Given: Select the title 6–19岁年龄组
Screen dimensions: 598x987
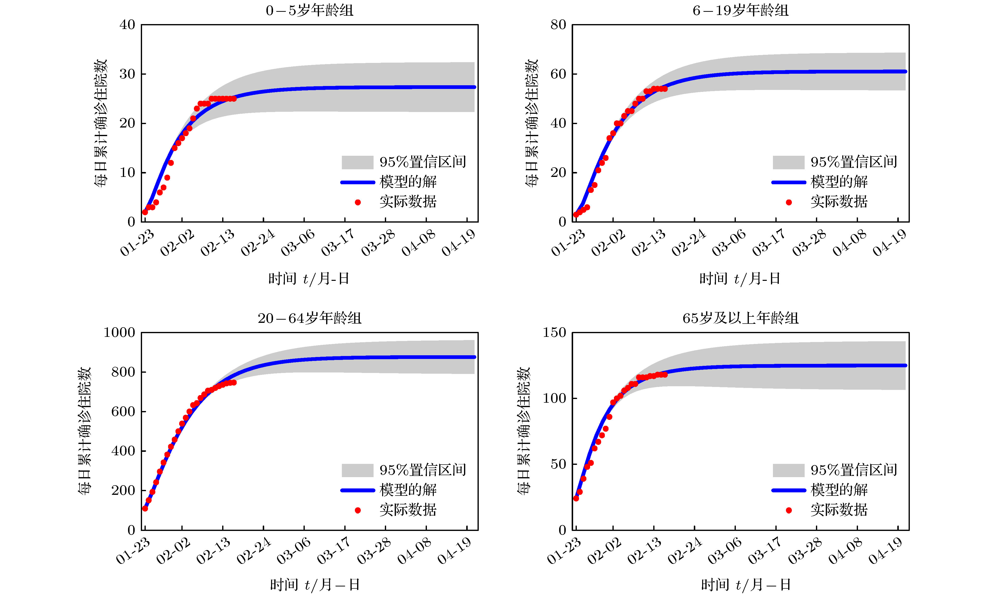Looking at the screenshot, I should point(740,10).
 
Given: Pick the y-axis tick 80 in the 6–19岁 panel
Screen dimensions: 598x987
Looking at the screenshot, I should point(558,25).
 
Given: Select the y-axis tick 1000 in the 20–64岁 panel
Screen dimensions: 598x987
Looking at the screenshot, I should point(119,332).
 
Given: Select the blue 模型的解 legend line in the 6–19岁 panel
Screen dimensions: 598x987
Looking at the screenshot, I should point(788,182).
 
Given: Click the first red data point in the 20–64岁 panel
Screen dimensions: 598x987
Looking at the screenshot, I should point(145,508).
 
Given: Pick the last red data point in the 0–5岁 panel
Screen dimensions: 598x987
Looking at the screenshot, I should point(234,99).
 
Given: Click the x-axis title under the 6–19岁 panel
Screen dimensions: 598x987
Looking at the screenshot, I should point(740,278).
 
